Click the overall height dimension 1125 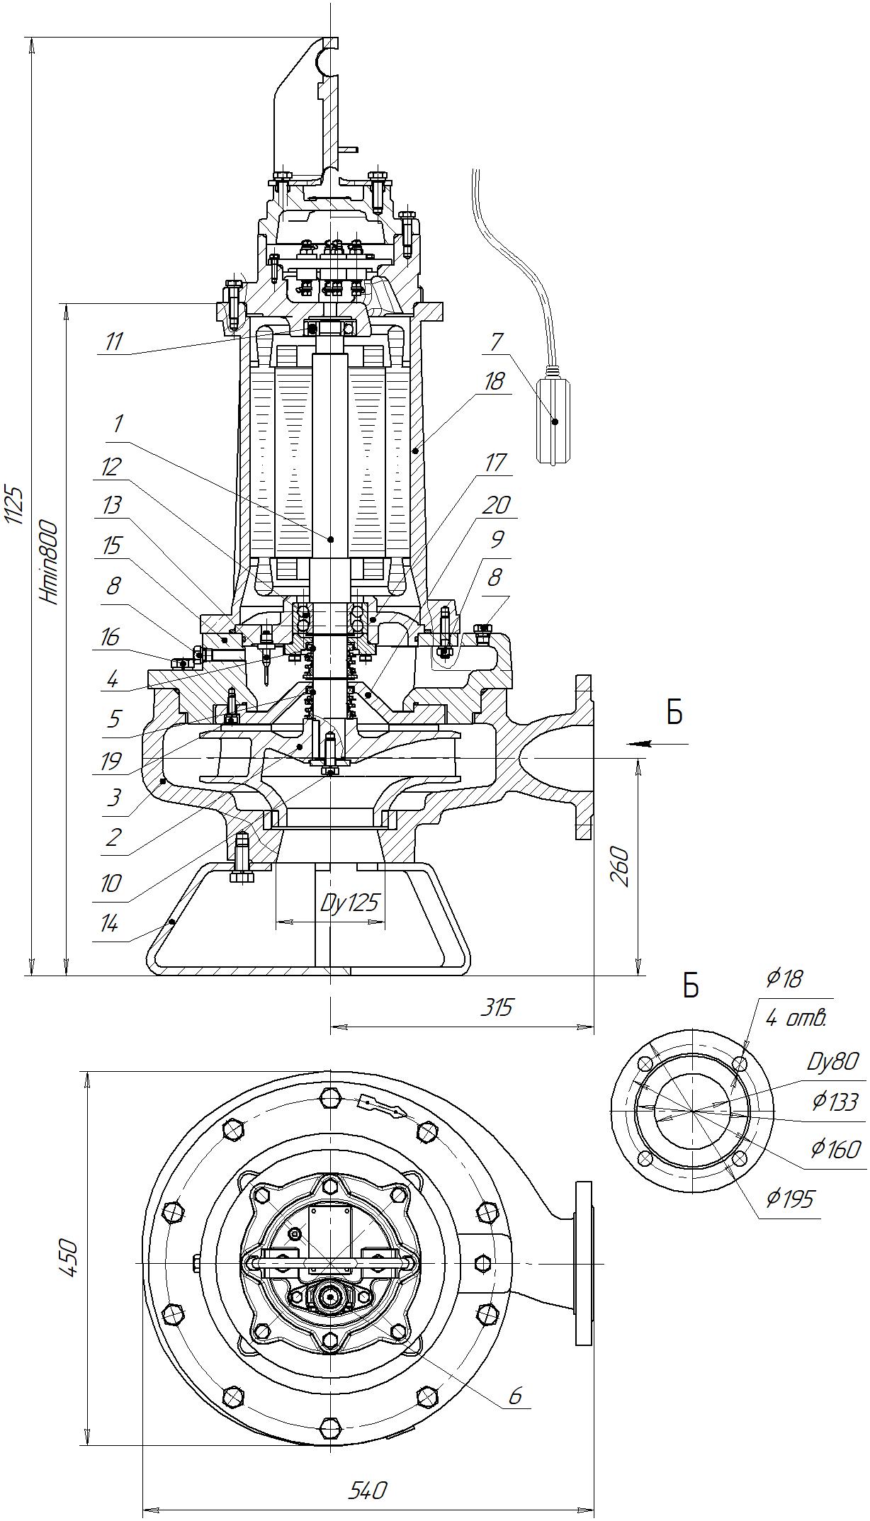coord(16,506)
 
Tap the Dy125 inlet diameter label coord(349,903)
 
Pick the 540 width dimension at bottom coord(368,1490)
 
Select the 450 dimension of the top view coord(69,1256)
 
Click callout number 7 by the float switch coord(495,342)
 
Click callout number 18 coord(494,381)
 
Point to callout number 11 coord(113,341)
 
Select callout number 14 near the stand coord(109,924)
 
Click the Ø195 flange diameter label coord(790,1199)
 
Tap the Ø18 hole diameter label coord(784,978)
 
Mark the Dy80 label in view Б coord(832,1061)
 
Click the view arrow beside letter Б coord(642,744)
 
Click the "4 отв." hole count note coord(796,1019)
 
